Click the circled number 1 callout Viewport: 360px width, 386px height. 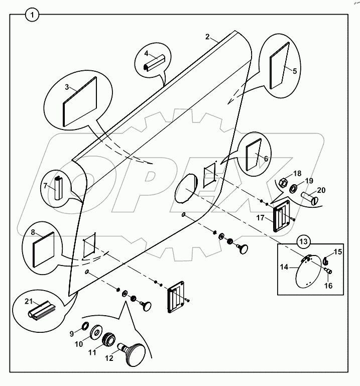(32, 16)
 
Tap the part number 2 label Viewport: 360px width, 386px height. (207, 37)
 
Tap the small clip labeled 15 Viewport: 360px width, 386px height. (325, 261)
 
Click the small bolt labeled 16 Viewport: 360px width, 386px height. (329, 271)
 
